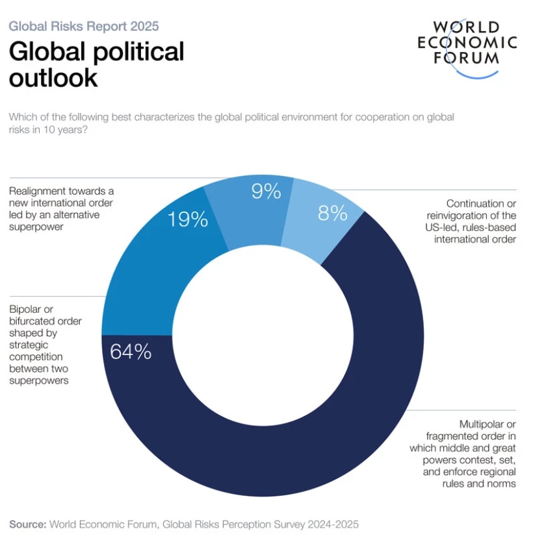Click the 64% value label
click(x=131, y=352)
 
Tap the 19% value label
click(x=188, y=219)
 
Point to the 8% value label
click(x=332, y=213)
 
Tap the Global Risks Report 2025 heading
click(x=84, y=27)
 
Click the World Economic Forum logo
click(x=467, y=49)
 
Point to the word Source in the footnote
click(x=27, y=524)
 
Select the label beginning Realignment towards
click(x=61, y=209)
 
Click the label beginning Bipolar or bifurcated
click(x=45, y=345)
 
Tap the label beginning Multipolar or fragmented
click(x=462, y=454)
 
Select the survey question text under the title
click(x=231, y=123)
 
